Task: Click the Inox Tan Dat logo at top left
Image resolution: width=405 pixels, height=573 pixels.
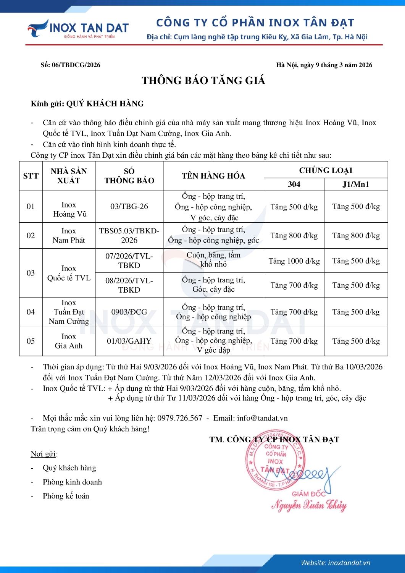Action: [x=78, y=29]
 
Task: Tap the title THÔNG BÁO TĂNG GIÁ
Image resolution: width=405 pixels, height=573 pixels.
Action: [x=203, y=81]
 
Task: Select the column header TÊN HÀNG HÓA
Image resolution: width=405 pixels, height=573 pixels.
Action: [x=213, y=176]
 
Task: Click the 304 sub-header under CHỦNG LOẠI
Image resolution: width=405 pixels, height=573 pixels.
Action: [x=294, y=184]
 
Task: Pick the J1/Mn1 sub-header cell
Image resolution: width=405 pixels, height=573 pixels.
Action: [x=356, y=184]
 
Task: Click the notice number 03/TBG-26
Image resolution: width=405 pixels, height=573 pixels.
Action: [x=129, y=206]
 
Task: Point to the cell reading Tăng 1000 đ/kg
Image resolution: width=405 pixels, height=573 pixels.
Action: [x=294, y=261]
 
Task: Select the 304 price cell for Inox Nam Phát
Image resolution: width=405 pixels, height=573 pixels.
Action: [x=294, y=236]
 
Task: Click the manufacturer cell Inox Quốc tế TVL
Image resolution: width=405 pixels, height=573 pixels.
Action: [x=69, y=273]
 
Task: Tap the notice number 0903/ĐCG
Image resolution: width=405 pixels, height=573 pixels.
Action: [x=129, y=312]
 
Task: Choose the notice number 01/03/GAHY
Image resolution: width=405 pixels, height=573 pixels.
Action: [x=129, y=341]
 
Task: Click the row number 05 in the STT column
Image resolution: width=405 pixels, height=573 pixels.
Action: [x=31, y=341]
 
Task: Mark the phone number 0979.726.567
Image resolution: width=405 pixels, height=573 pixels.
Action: [x=180, y=418]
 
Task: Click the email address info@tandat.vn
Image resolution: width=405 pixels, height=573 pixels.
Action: [x=262, y=418]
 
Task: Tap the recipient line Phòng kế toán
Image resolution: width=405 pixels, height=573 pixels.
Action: [x=66, y=496]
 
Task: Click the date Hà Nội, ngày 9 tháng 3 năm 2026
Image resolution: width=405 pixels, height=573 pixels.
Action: [x=324, y=65]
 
